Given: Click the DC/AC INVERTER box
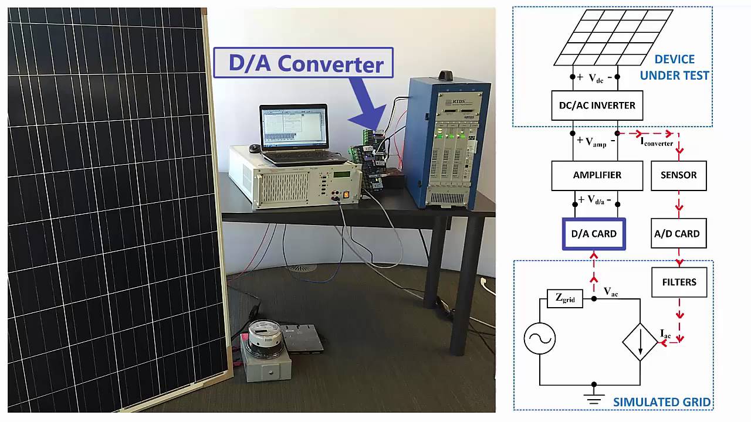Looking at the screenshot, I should pyautogui.click(x=597, y=105).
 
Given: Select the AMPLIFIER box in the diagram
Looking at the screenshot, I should pyautogui.click(x=597, y=175).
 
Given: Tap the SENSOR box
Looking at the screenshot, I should pyautogui.click(x=678, y=175).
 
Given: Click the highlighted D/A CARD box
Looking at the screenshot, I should pyautogui.click(x=594, y=234).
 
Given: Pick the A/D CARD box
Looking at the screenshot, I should pyautogui.click(x=678, y=234).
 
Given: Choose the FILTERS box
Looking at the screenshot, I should pyautogui.click(x=679, y=282).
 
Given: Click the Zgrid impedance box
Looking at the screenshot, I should pyautogui.click(x=564, y=299).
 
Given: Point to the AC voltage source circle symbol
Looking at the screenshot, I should pyautogui.click(x=540, y=339).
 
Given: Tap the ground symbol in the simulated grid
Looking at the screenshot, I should pyautogui.click(x=594, y=397).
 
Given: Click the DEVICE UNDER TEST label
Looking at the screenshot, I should pyautogui.click(x=674, y=67).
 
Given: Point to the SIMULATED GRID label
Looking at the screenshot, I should pyautogui.click(x=661, y=402).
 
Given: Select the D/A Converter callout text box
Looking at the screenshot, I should pyautogui.click(x=303, y=63).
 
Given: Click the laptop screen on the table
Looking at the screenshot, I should pyautogui.click(x=293, y=126).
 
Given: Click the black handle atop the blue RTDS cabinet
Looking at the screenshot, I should pyautogui.click(x=447, y=76).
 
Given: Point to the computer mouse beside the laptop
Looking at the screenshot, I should pyautogui.click(x=254, y=148).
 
